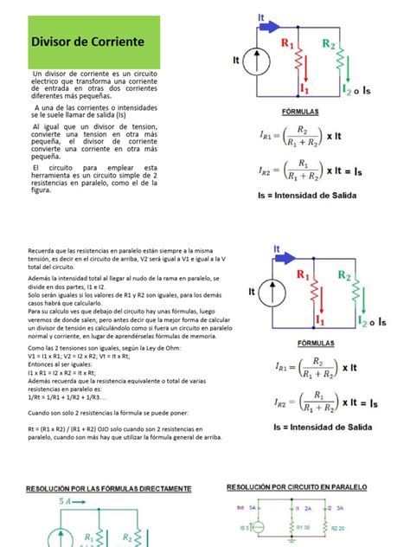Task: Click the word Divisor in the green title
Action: click(x=52, y=42)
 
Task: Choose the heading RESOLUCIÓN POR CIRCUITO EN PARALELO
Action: click(x=301, y=487)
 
